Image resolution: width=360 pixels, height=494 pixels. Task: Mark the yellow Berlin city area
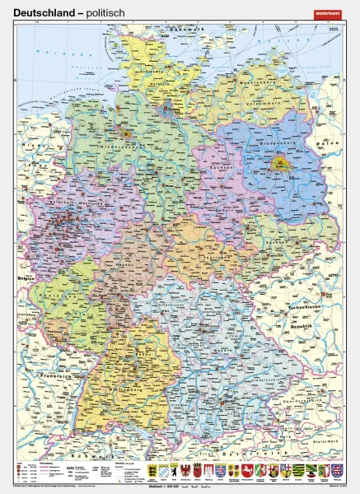[x=279, y=166]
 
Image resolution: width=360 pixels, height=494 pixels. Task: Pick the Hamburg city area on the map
[x=167, y=105]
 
